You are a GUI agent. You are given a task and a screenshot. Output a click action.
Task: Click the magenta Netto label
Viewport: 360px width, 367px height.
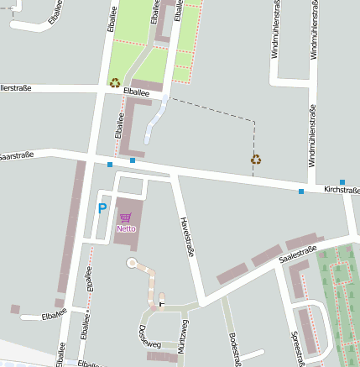[x=126, y=228]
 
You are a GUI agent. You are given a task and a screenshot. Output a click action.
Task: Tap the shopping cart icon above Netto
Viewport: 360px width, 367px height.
[x=126, y=218]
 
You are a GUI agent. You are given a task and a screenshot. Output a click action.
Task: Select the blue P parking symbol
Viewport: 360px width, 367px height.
[x=102, y=208]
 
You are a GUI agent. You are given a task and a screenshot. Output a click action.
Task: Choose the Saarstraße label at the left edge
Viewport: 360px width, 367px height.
[x=15, y=156]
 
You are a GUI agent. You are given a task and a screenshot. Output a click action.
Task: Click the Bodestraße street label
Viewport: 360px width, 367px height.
[x=234, y=347]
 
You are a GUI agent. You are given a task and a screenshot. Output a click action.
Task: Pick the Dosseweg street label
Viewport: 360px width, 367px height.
[x=147, y=337]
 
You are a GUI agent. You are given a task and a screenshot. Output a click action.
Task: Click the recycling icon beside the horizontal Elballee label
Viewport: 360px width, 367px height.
[x=114, y=82]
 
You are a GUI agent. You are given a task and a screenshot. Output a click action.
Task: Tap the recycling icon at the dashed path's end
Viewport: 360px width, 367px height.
[x=255, y=159]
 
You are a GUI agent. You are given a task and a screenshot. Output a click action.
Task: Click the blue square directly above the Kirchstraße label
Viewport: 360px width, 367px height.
[x=342, y=182]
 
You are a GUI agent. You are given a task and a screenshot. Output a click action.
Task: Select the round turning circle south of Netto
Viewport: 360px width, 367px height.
[x=132, y=264]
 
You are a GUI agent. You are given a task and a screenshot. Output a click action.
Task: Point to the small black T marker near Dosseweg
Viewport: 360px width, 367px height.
[x=162, y=302]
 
